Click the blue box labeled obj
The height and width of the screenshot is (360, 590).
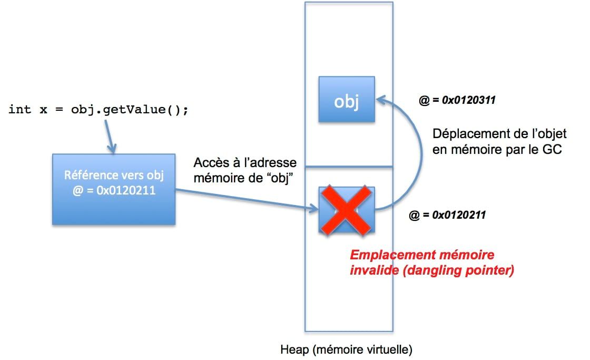[x=346, y=100]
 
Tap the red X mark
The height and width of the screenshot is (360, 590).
[x=346, y=210]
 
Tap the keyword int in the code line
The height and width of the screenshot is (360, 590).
[x=19, y=110]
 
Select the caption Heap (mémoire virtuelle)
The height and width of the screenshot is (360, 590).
[x=346, y=349]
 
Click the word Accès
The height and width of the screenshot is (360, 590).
[x=211, y=162]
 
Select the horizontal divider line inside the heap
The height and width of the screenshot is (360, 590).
[x=349, y=168]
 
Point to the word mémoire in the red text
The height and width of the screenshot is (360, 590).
[x=469, y=256]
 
